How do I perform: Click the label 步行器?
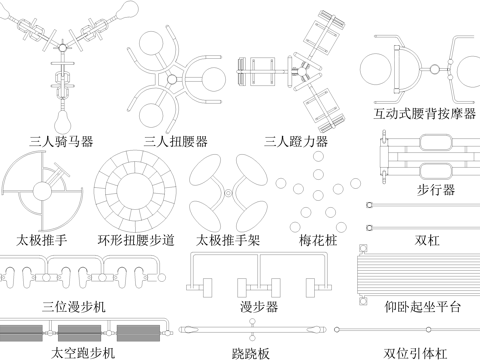[435, 189]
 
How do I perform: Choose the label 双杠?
[428, 240]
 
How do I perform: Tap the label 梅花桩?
[320, 240]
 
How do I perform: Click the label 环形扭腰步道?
[135, 240]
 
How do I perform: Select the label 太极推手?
[42, 240]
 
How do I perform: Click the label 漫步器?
[259, 306]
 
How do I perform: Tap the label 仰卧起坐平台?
[422, 306]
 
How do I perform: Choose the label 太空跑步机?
[83, 353]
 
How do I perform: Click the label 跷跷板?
[250, 353]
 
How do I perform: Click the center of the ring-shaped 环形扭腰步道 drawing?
[135, 190]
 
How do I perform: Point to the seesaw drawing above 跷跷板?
[252, 329]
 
